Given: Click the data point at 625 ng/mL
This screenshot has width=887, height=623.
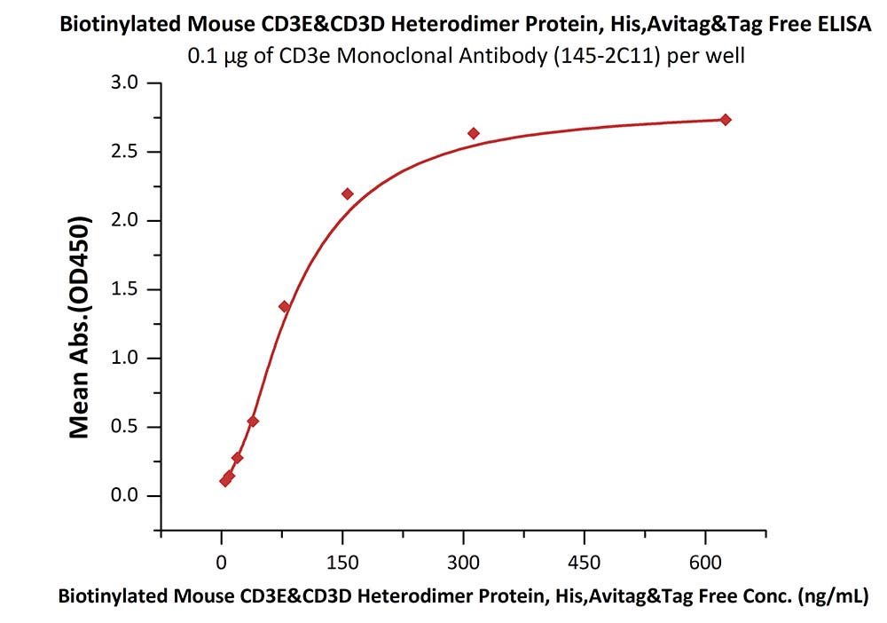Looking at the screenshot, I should [726, 120].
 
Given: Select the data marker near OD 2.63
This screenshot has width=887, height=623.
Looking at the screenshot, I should [474, 133].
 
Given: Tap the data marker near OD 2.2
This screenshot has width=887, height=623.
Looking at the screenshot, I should [348, 193].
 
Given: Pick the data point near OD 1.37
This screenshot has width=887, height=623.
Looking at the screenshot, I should [285, 306].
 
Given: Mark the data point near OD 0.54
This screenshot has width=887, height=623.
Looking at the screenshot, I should [253, 421].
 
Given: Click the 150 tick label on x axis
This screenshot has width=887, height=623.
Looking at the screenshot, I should [342, 562].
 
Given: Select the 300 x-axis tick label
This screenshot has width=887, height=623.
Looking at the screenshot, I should [463, 562].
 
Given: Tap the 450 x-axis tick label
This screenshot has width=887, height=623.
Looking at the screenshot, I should [585, 562].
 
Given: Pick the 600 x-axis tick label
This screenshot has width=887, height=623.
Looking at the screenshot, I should [705, 562].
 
